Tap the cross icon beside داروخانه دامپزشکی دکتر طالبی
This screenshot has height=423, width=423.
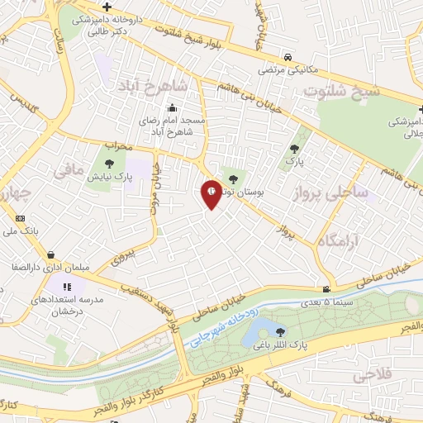(106, 7)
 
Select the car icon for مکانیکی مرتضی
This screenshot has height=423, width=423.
(286, 58)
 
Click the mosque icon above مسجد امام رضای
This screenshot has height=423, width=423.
(172, 107)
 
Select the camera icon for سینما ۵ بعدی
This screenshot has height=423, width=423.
(328, 289)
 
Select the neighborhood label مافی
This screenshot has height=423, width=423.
(69, 171)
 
